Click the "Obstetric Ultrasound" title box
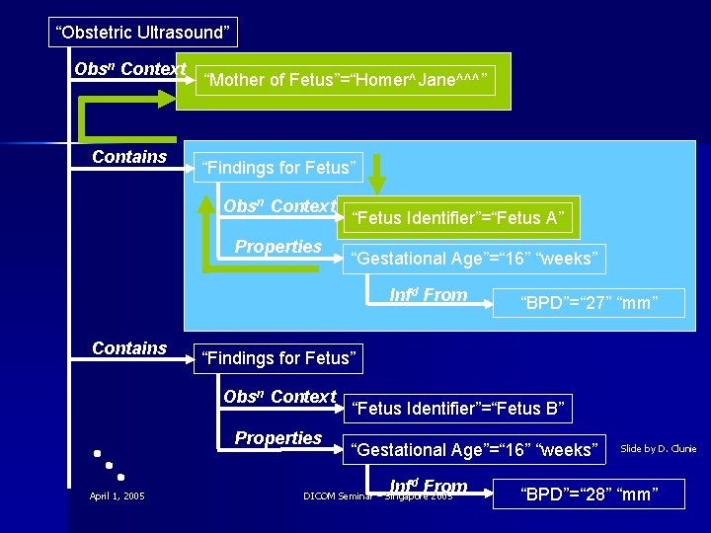point(144,33)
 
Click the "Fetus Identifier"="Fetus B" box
point(459,408)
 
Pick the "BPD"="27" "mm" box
point(589,303)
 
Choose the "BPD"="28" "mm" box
point(589,493)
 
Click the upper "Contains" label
point(129,157)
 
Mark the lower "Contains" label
point(129,348)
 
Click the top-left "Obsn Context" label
point(129,69)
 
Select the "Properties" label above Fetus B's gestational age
point(277,437)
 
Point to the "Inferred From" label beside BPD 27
point(428,294)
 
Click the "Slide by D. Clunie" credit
point(658,449)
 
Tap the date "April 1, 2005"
point(117,495)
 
